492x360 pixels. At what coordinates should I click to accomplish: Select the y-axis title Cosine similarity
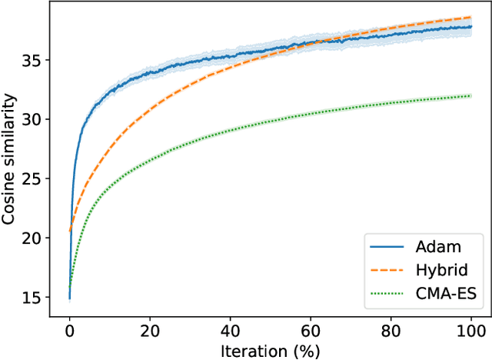point(11,159)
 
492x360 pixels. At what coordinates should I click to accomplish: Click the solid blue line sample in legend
point(388,248)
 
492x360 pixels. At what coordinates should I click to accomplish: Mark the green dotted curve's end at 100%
point(469,96)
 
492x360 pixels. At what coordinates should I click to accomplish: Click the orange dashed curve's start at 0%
point(70,231)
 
